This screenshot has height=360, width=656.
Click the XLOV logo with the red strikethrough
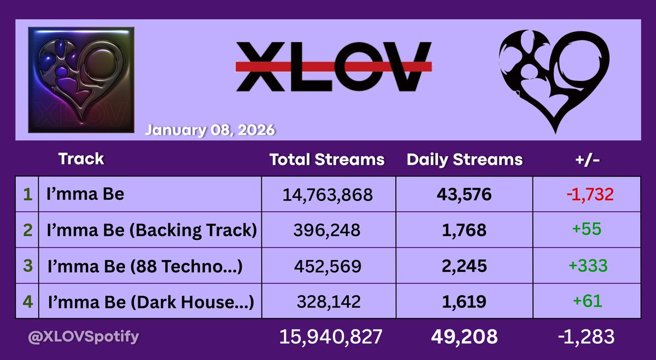tap(333, 66)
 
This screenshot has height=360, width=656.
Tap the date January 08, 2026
tap(210, 131)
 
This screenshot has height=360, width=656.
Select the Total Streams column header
tap(327, 160)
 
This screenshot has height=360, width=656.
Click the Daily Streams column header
tap(464, 160)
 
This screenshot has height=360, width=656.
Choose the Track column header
tap(81, 159)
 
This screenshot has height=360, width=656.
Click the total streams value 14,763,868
tap(326, 195)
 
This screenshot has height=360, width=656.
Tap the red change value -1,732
tap(587, 194)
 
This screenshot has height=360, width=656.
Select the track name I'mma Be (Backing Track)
tap(151, 230)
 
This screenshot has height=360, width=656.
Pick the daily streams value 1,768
tap(464, 231)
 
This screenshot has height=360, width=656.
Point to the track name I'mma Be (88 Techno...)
tap(145, 266)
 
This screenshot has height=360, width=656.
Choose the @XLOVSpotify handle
tap(83, 336)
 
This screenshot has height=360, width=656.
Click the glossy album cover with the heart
tap(80, 79)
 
